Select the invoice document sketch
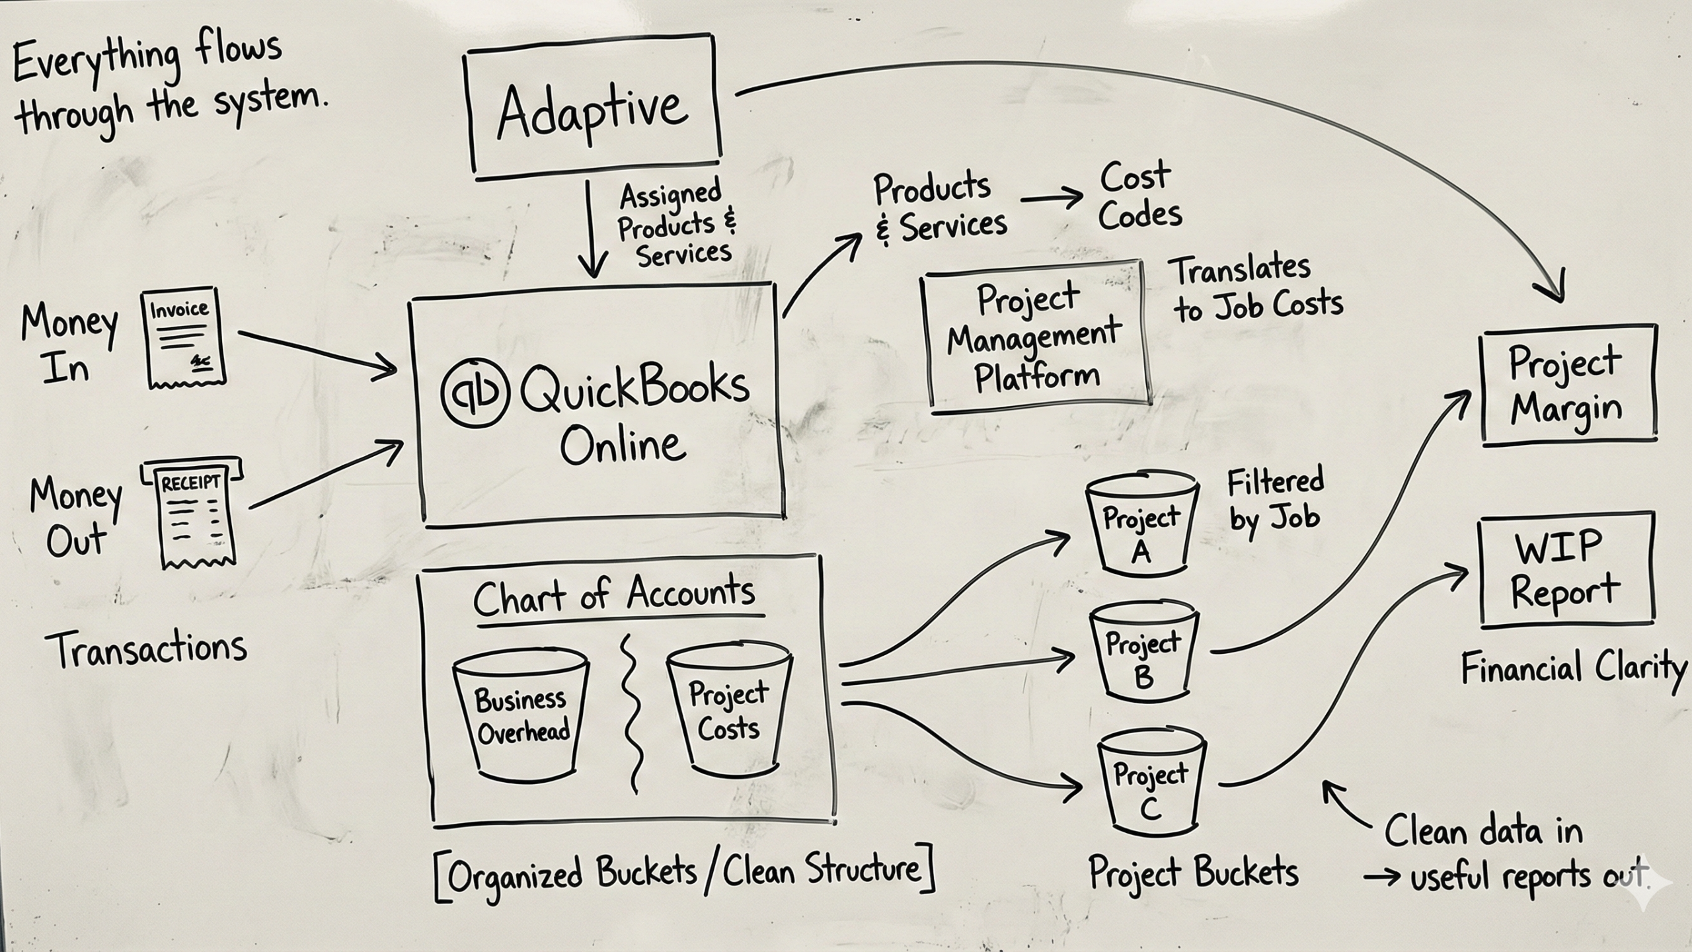[x=182, y=337]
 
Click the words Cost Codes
[x=1139, y=197]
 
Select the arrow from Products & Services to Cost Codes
[x=1052, y=198]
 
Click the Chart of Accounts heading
[x=615, y=594]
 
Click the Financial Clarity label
[x=1573, y=668]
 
